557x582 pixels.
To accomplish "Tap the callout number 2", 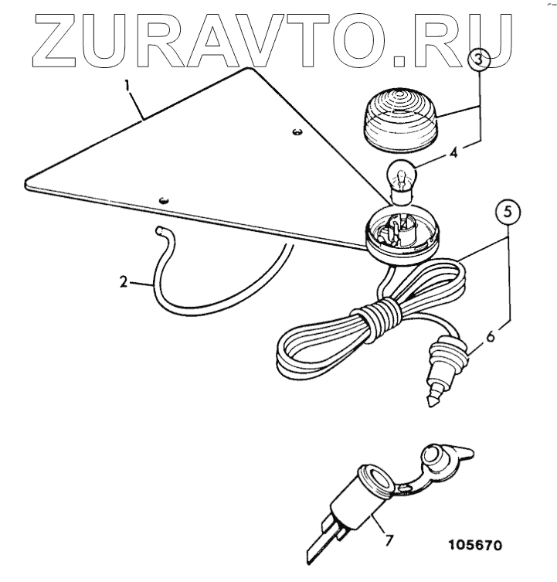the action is [124, 284].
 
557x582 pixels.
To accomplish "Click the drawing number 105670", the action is [474, 545].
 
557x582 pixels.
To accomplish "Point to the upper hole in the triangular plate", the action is [296, 133].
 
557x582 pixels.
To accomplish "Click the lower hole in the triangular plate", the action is [164, 199].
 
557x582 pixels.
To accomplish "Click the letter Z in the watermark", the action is [55, 39].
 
